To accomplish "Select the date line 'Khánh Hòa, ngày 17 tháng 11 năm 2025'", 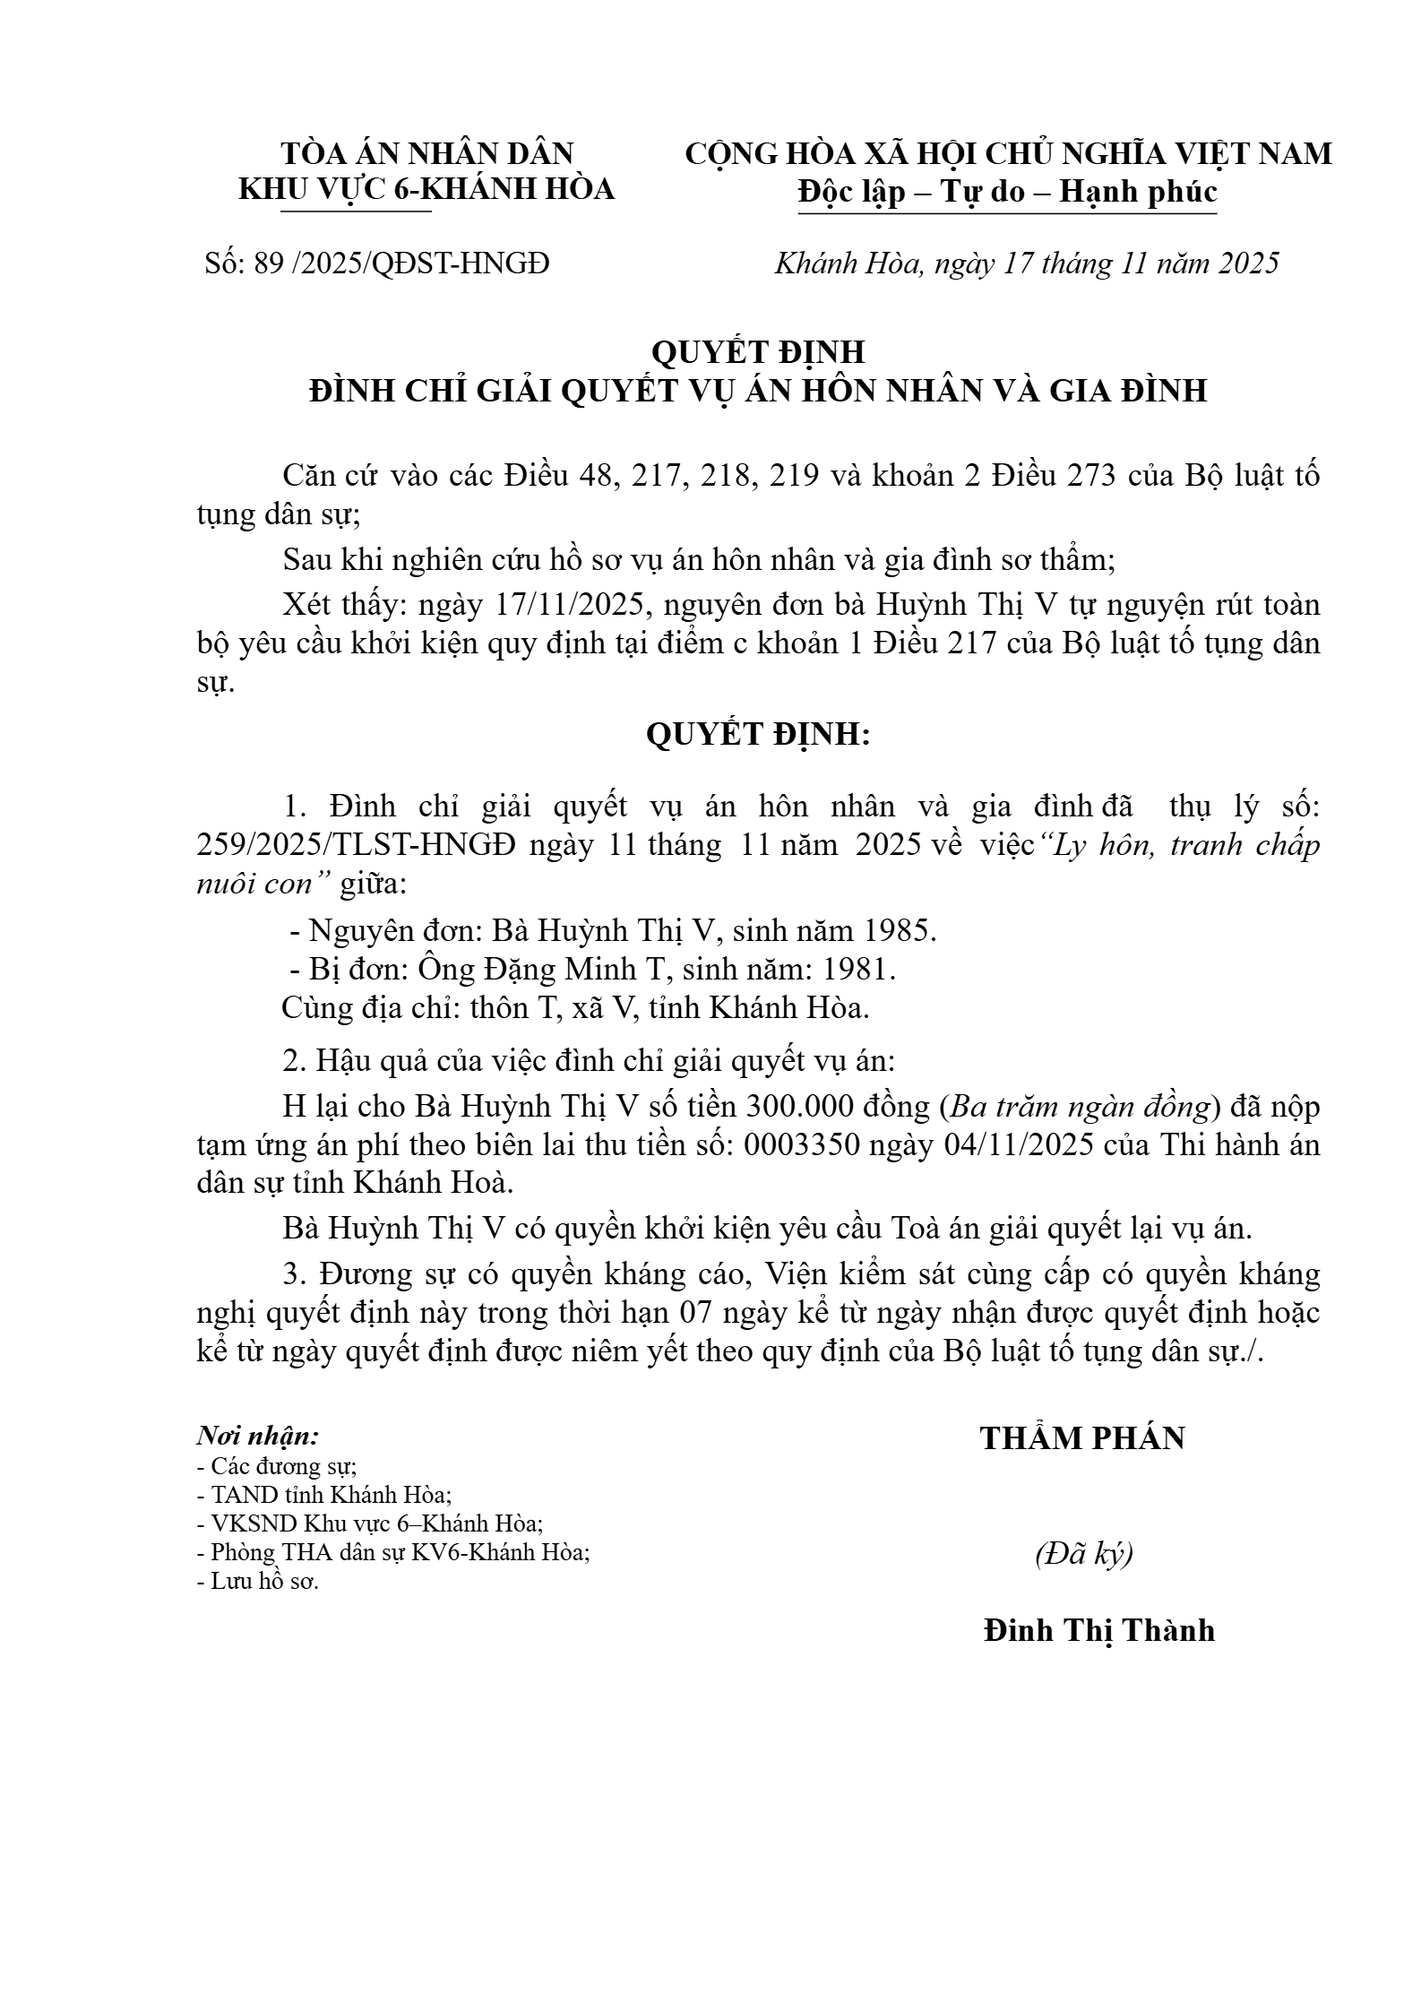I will coord(1026,263).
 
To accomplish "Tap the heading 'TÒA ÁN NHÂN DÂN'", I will coord(427,154).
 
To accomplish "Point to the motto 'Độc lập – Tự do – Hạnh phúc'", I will coord(1007,193).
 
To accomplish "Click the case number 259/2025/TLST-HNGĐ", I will coord(357,846).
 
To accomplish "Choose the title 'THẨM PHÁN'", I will coord(1082,1438).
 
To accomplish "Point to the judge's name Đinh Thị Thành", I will coord(1098,1629).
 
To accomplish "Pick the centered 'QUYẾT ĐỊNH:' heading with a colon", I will coord(758,735).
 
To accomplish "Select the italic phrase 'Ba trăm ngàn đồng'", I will coord(1081,1108).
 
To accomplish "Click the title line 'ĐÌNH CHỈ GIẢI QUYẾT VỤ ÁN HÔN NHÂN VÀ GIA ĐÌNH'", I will coord(758,391).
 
